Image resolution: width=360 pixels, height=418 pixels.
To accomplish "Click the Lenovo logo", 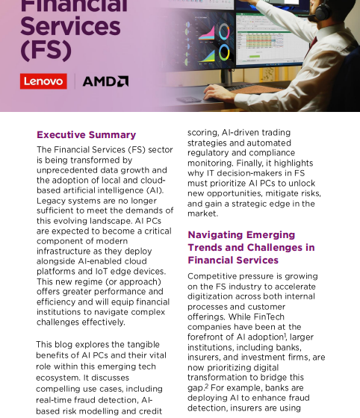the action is [43, 81].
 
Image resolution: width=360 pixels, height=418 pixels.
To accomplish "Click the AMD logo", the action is [105, 81].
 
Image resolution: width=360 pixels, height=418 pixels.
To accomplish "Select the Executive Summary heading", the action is [87, 135].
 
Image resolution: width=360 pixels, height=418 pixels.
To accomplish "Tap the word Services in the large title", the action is [70, 26].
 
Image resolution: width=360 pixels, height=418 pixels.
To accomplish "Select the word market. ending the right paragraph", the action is [203, 213].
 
